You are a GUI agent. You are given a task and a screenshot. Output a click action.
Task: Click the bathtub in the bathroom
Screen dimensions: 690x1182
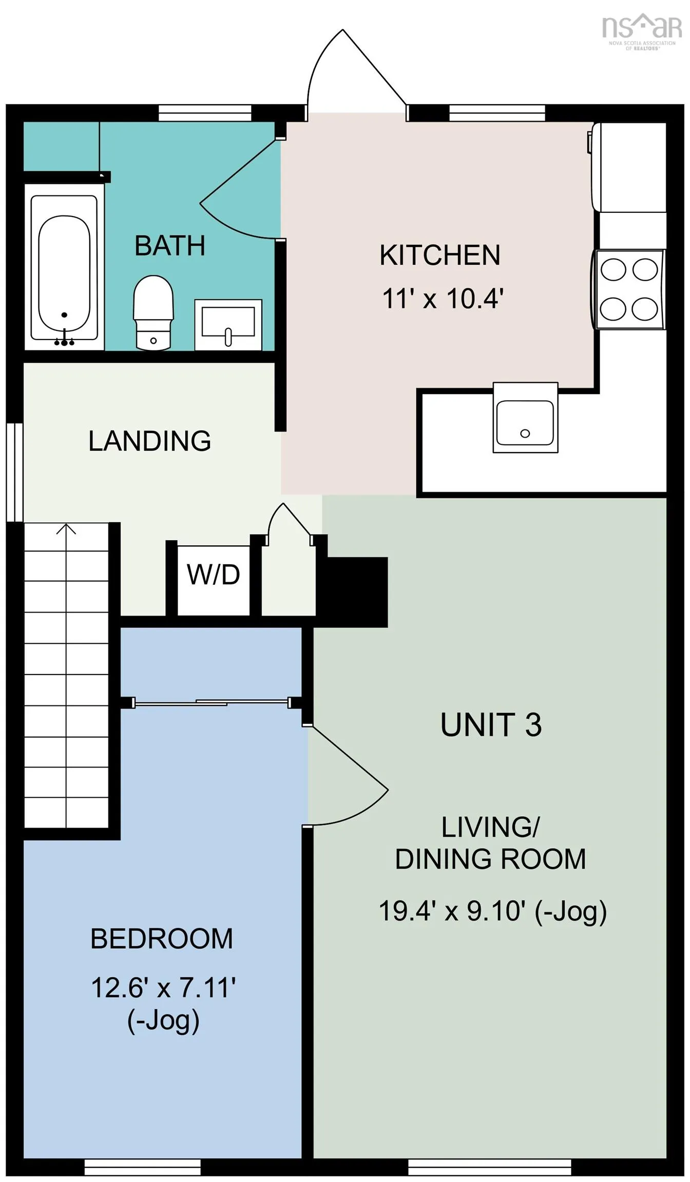64,267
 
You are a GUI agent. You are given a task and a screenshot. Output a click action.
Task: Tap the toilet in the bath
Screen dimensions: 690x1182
153,312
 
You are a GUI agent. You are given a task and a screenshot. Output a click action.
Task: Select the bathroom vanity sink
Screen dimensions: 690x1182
228,325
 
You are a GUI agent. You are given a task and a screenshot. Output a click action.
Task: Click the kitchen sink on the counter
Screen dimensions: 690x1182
525,417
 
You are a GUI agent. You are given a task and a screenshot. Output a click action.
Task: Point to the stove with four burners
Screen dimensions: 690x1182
629,289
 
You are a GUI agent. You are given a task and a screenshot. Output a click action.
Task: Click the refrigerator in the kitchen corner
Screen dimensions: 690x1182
628,167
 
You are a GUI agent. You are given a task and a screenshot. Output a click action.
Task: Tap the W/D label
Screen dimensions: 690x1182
214,575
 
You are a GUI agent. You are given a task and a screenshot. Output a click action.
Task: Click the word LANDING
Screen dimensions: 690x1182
149,441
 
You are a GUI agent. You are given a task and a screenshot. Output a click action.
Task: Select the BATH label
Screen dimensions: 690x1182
170,246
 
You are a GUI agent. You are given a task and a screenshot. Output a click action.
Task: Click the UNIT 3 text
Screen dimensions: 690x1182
491,724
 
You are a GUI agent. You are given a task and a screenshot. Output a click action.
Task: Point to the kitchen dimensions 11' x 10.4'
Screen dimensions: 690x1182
443,298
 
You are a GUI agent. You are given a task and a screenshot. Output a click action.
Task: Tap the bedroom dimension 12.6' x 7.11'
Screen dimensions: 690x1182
163,988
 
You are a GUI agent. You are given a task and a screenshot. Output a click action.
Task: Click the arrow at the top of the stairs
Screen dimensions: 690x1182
66,528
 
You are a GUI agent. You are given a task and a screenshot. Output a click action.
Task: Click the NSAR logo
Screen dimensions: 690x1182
642,32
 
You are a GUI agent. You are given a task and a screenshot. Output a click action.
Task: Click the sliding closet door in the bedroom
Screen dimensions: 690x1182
211,702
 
